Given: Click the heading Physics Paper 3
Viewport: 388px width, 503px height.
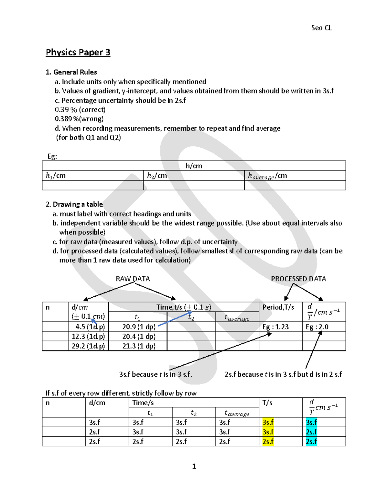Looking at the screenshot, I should tap(78, 52).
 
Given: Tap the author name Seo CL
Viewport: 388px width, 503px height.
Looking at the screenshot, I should tap(321, 28).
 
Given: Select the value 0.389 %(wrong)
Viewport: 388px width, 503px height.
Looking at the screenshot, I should tap(79, 119).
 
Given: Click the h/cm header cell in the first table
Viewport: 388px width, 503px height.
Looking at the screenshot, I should tap(194, 166).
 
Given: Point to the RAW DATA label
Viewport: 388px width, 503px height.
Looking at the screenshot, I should tap(133, 279).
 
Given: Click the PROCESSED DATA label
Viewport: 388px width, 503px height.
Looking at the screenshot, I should tap(298, 279).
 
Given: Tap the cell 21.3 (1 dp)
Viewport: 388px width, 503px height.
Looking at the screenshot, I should tap(139, 346).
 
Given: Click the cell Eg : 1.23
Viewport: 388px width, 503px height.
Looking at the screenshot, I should tap(275, 327).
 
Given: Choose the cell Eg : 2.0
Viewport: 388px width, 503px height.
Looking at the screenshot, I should tap(317, 327).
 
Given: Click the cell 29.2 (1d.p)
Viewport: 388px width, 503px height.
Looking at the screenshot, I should tap(88, 346).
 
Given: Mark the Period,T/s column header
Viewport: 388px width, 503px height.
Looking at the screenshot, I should tap(278, 307).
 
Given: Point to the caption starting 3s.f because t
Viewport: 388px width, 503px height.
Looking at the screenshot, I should tap(156, 374).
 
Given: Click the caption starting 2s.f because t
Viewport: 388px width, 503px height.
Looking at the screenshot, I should tap(283, 374).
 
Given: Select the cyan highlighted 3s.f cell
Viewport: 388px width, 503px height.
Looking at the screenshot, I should tap(311, 422).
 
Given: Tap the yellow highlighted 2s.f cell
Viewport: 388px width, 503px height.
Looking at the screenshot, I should tap(268, 441).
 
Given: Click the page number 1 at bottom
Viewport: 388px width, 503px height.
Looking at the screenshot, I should tap(194, 466).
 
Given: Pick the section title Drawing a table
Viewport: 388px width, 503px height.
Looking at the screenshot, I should tap(78, 204).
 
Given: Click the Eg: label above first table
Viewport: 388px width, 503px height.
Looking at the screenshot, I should tap(52, 156).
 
